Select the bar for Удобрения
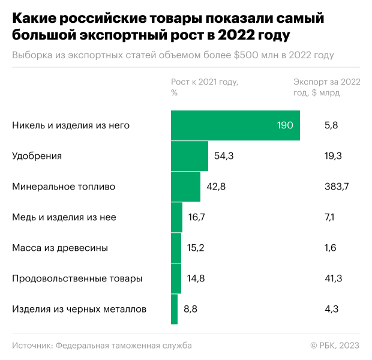[x=190, y=156]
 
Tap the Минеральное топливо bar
[x=185, y=187]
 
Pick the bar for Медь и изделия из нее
[x=176, y=217]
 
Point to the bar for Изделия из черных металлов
[x=174, y=309]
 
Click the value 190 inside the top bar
[x=285, y=125]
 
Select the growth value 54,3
[x=224, y=156]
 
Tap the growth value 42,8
[x=216, y=187]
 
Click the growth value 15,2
[x=197, y=248]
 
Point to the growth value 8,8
[x=191, y=309]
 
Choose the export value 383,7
[x=336, y=187]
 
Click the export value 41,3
[x=333, y=278]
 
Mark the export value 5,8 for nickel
[x=331, y=125]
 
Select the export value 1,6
[x=330, y=248]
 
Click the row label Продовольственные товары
[x=77, y=278]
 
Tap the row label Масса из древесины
[x=60, y=248]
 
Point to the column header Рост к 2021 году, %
[x=205, y=87]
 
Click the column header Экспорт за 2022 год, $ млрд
[x=326, y=87]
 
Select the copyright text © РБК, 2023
[x=335, y=345]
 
